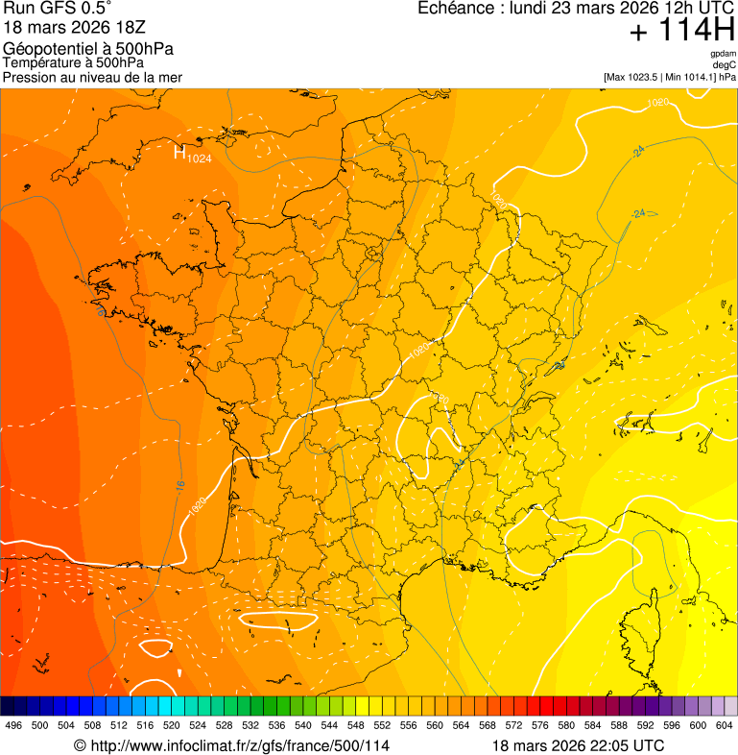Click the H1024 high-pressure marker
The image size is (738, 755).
(192, 154)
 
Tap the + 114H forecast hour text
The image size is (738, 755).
(681, 33)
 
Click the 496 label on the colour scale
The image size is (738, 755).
(13, 725)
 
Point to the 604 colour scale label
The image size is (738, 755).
(724, 725)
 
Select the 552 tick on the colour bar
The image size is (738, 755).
(382, 725)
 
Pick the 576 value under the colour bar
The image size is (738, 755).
(539, 725)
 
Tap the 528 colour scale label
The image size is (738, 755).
(224, 725)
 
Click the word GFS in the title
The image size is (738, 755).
(53, 11)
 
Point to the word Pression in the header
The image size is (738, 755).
(30, 77)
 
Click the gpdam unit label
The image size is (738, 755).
(723, 54)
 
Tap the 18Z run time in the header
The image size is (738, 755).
(127, 29)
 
